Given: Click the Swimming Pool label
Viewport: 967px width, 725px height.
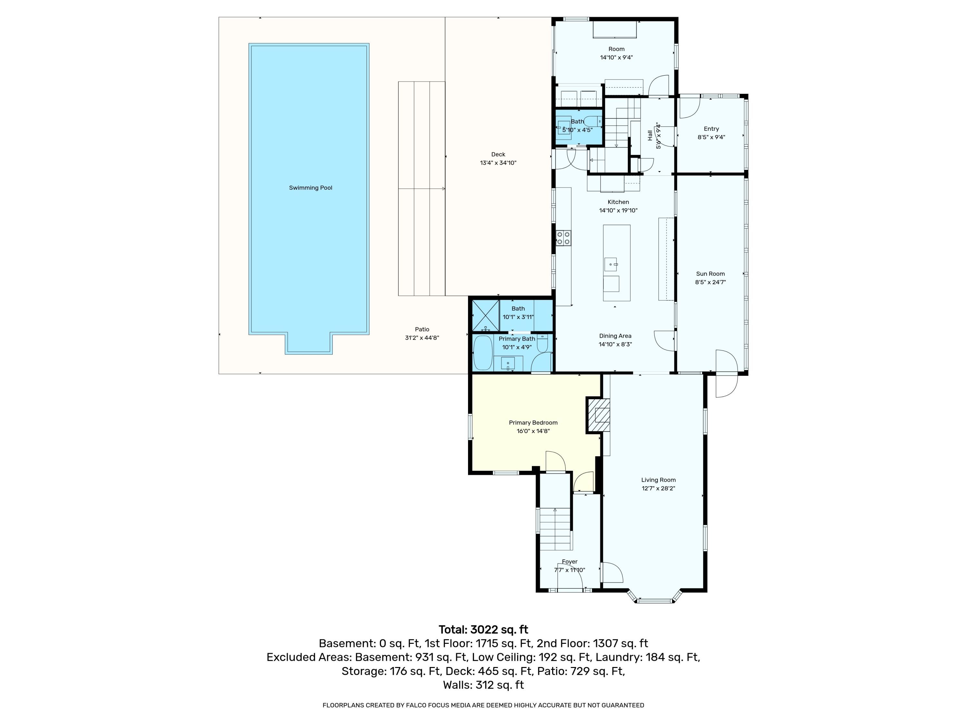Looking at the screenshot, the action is pos(310,188).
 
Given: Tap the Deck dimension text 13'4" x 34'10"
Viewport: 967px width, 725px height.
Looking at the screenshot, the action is pos(498,163).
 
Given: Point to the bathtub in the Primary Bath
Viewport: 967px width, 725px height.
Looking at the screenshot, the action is pos(483,353).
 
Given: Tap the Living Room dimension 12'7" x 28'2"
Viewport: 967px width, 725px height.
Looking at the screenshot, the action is pos(658,488).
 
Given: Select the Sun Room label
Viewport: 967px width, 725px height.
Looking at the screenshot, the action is pos(710,274).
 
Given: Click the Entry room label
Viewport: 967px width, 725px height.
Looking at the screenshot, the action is pos(711,129).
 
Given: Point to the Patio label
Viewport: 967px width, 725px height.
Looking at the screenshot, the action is pos(422,330).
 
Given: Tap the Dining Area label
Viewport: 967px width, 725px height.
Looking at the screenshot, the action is pos(615,336).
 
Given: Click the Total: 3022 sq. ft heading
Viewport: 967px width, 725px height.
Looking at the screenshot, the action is pos(483,630).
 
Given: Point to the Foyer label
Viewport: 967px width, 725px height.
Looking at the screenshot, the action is pos(570,562).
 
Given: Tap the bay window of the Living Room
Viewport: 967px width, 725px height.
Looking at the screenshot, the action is pos(654,597).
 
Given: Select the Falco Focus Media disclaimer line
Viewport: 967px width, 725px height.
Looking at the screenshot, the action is pos(483,705).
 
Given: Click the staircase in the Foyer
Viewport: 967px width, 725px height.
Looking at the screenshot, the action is pos(555,529).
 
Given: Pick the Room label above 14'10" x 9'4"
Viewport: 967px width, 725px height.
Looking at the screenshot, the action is pos(616,49).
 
